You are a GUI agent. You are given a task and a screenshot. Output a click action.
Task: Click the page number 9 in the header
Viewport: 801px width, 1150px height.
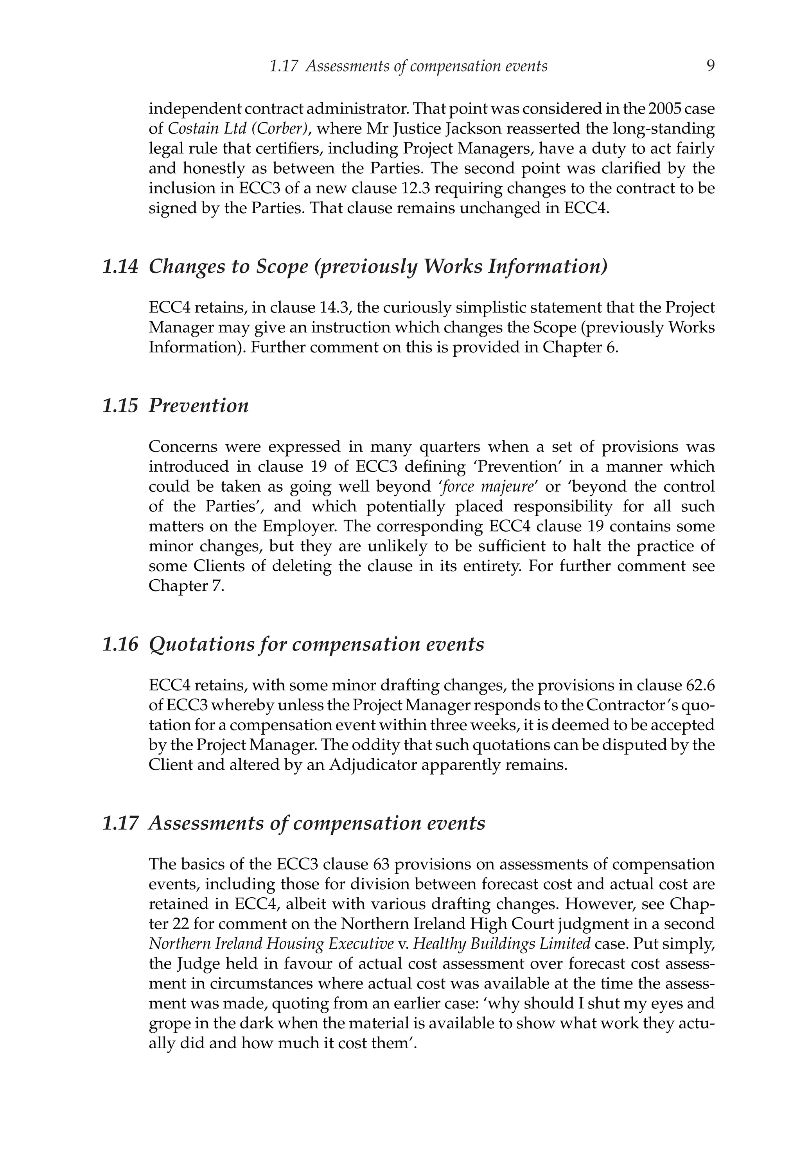point(710,66)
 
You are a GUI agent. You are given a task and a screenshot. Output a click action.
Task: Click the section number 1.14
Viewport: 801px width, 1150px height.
point(120,267)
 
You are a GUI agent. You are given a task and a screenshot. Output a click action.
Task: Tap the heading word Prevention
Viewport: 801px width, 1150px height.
point(198,406)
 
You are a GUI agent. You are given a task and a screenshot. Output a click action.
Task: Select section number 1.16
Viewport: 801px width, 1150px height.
point(120,644)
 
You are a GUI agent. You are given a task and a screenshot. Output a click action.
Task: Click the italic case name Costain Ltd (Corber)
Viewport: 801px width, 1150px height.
point(237,129)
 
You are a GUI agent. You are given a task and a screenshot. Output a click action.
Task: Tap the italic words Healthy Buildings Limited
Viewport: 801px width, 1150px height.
point(502,943)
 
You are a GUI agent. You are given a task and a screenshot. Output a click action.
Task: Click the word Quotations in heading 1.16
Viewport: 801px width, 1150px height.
point(202,644)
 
